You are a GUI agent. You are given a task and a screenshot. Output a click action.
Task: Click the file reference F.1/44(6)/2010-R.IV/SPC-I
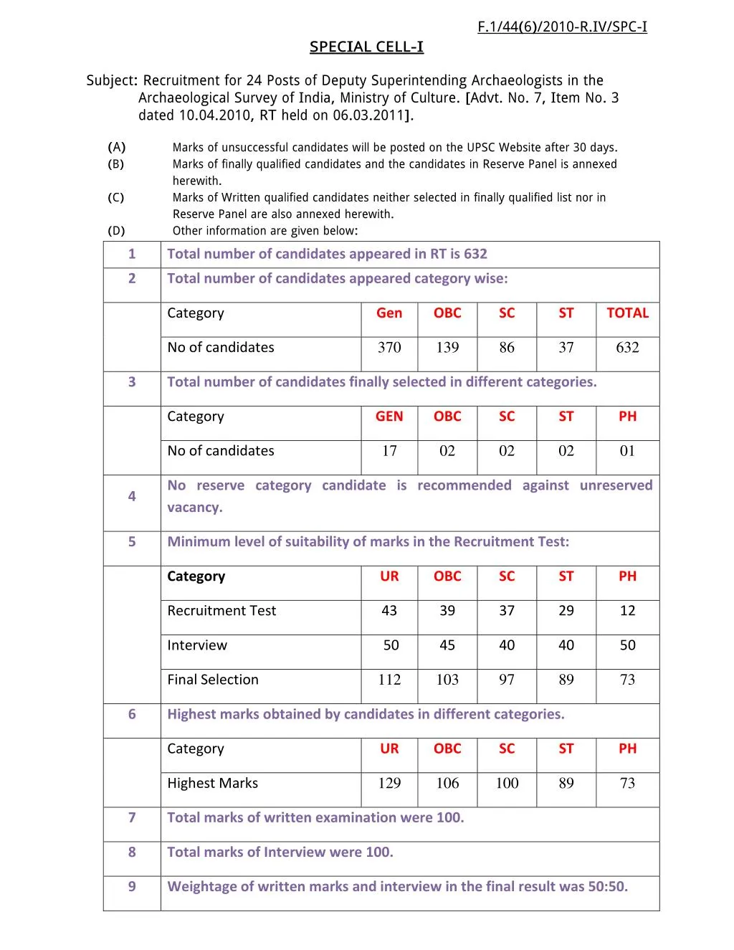[x=562, y=27]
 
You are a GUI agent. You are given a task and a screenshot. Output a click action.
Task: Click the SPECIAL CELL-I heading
[x=366, y=47]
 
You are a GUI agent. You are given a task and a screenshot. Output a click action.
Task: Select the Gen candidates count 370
[x=389, y=348]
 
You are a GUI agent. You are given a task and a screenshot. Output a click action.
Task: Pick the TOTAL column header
[x=627, y=313]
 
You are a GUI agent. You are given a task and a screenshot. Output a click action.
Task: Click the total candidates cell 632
[x=627, y=348]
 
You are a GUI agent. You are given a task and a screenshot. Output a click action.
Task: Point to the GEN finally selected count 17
[x=389, y=451]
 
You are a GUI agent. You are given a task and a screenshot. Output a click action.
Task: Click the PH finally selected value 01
[x=627, y=451]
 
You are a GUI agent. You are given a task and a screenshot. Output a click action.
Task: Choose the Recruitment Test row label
[x=221, y=611]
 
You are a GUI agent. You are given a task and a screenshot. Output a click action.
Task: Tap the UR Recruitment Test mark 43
[x=389, y=611]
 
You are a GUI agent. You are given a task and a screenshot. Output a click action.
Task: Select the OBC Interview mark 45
[x=447, y=645]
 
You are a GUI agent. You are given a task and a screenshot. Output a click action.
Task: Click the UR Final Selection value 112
[x=389, y=680]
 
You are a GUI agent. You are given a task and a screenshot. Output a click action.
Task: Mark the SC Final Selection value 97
[x=507, y=680]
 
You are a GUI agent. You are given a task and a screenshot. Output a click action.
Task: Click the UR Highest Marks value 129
[x=389, y=784]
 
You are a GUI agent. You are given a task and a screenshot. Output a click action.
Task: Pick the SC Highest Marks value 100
[x=507, y=784]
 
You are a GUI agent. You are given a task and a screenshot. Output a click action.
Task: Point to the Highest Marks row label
[x=212, y=784]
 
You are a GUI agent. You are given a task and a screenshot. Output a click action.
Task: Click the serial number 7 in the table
[x=132, y=817]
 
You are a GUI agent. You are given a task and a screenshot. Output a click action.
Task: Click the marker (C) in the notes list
[x=116, y=197]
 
